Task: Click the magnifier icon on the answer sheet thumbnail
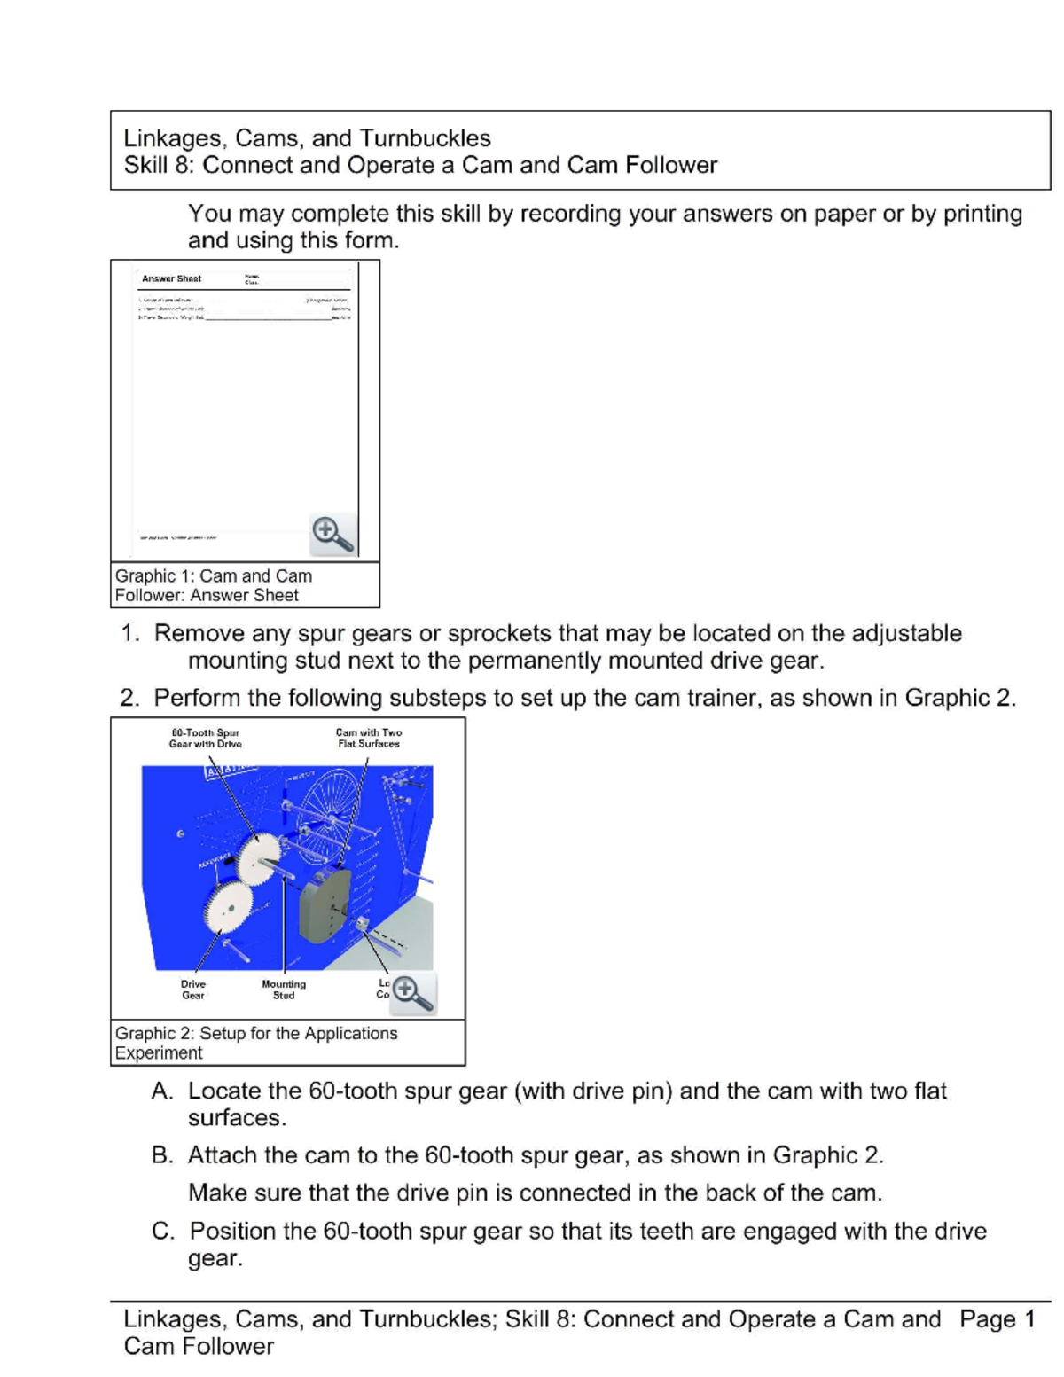pos(332,534)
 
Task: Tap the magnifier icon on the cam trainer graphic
pos(412,993)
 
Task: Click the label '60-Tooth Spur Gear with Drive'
pos(206,739)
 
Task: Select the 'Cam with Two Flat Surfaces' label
pos(369,739)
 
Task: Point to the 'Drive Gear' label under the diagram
pos(193,990)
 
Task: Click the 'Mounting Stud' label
pos(284,990)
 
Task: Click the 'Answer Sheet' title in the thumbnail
pos(171,278)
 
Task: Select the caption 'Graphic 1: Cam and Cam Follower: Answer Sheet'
pos(213,585)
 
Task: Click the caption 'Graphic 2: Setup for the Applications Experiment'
pos(255,1043)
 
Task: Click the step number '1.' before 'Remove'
pos(130,634)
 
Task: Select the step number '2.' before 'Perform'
pos(130,699)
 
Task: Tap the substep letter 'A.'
pos(162,1091)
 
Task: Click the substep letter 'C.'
pos(162,1232)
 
